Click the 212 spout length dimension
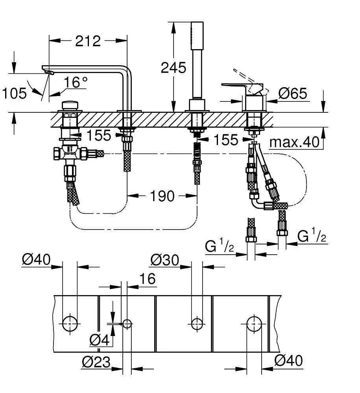pyautogui.click(x=88, y=40)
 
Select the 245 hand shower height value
pyautogui.click(x=173, y=68)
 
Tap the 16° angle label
pyautogui.click(x=76, y=82)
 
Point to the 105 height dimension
pyautogui.click(x=14, y=94)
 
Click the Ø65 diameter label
pyautogui.click(x=293, y=94)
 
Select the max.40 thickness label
pyautogui.click(x=295, y=142)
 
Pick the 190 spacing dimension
pyautogui.click(x=162, y=195)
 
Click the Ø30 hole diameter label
pyautogui.click(x=165, y=260)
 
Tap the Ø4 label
pyautogui.click(x=99, y=340)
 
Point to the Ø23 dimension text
pyautogui.click(x=96, y=361)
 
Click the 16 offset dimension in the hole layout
pyautogui.click(x=147, y=279)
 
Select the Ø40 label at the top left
pyautogui.click(x=36, y=260)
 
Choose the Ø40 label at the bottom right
pyautogui.click(x=288, y=361)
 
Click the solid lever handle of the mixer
pyautogui.click(x=236, y=86)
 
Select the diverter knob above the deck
pyautogui.click(x=70, y=107)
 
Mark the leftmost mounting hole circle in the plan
pyautogui.click(x=70, y=323)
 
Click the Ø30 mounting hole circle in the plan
pyautogui.click(x=197, y=323)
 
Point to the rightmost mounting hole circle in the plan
pyautogui.click(x=254, y=323)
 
